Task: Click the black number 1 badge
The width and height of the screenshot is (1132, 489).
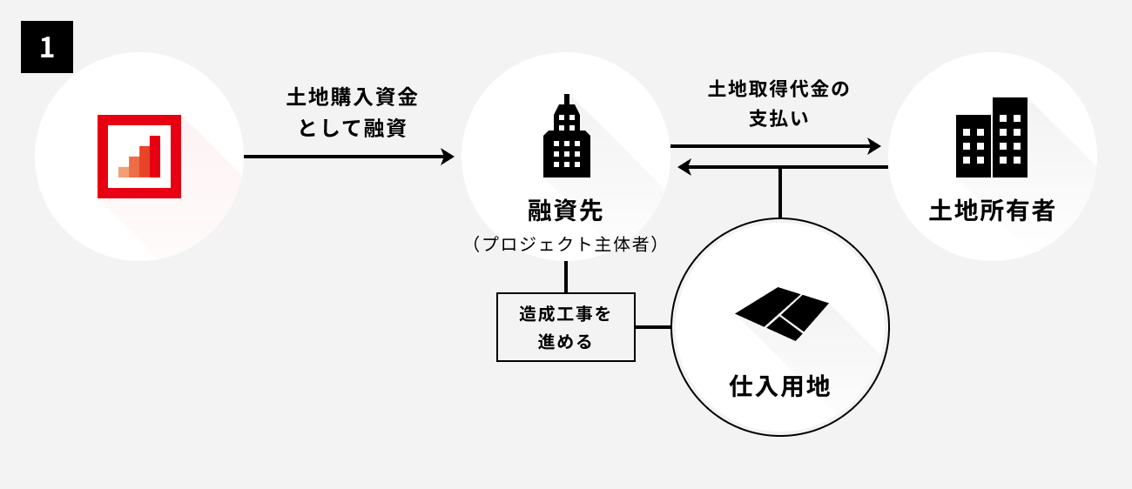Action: click(x=47, y=47)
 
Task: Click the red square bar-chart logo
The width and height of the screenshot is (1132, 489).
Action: click(x=139, y=157)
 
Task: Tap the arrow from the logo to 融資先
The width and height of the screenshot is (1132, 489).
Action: click(x=348, y=157)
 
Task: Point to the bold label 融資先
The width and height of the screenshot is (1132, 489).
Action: click(x=565, y=211)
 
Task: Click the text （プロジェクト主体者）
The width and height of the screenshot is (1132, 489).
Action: click(x=565, y=244)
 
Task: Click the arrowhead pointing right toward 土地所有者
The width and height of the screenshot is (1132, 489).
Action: click(x=873, y=146)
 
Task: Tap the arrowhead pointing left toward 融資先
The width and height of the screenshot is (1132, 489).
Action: click(x=685, y=166)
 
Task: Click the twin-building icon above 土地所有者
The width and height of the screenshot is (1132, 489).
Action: click(x=992, y=137)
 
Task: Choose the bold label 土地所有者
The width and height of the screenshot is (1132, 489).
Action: click(x=992, y=211)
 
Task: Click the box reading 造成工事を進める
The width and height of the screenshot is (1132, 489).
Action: click(x=565, y=327)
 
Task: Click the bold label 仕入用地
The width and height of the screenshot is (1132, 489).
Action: click(x=779, y=386)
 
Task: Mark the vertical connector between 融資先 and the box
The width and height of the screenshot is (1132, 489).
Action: click(x=566, y=276)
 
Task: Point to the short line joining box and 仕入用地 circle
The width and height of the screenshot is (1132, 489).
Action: click(x=653, y=327)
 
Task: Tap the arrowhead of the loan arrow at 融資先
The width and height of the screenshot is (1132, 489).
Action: click(x=448, y=157)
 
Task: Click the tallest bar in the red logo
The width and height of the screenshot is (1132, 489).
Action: click(x=155, y=157)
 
